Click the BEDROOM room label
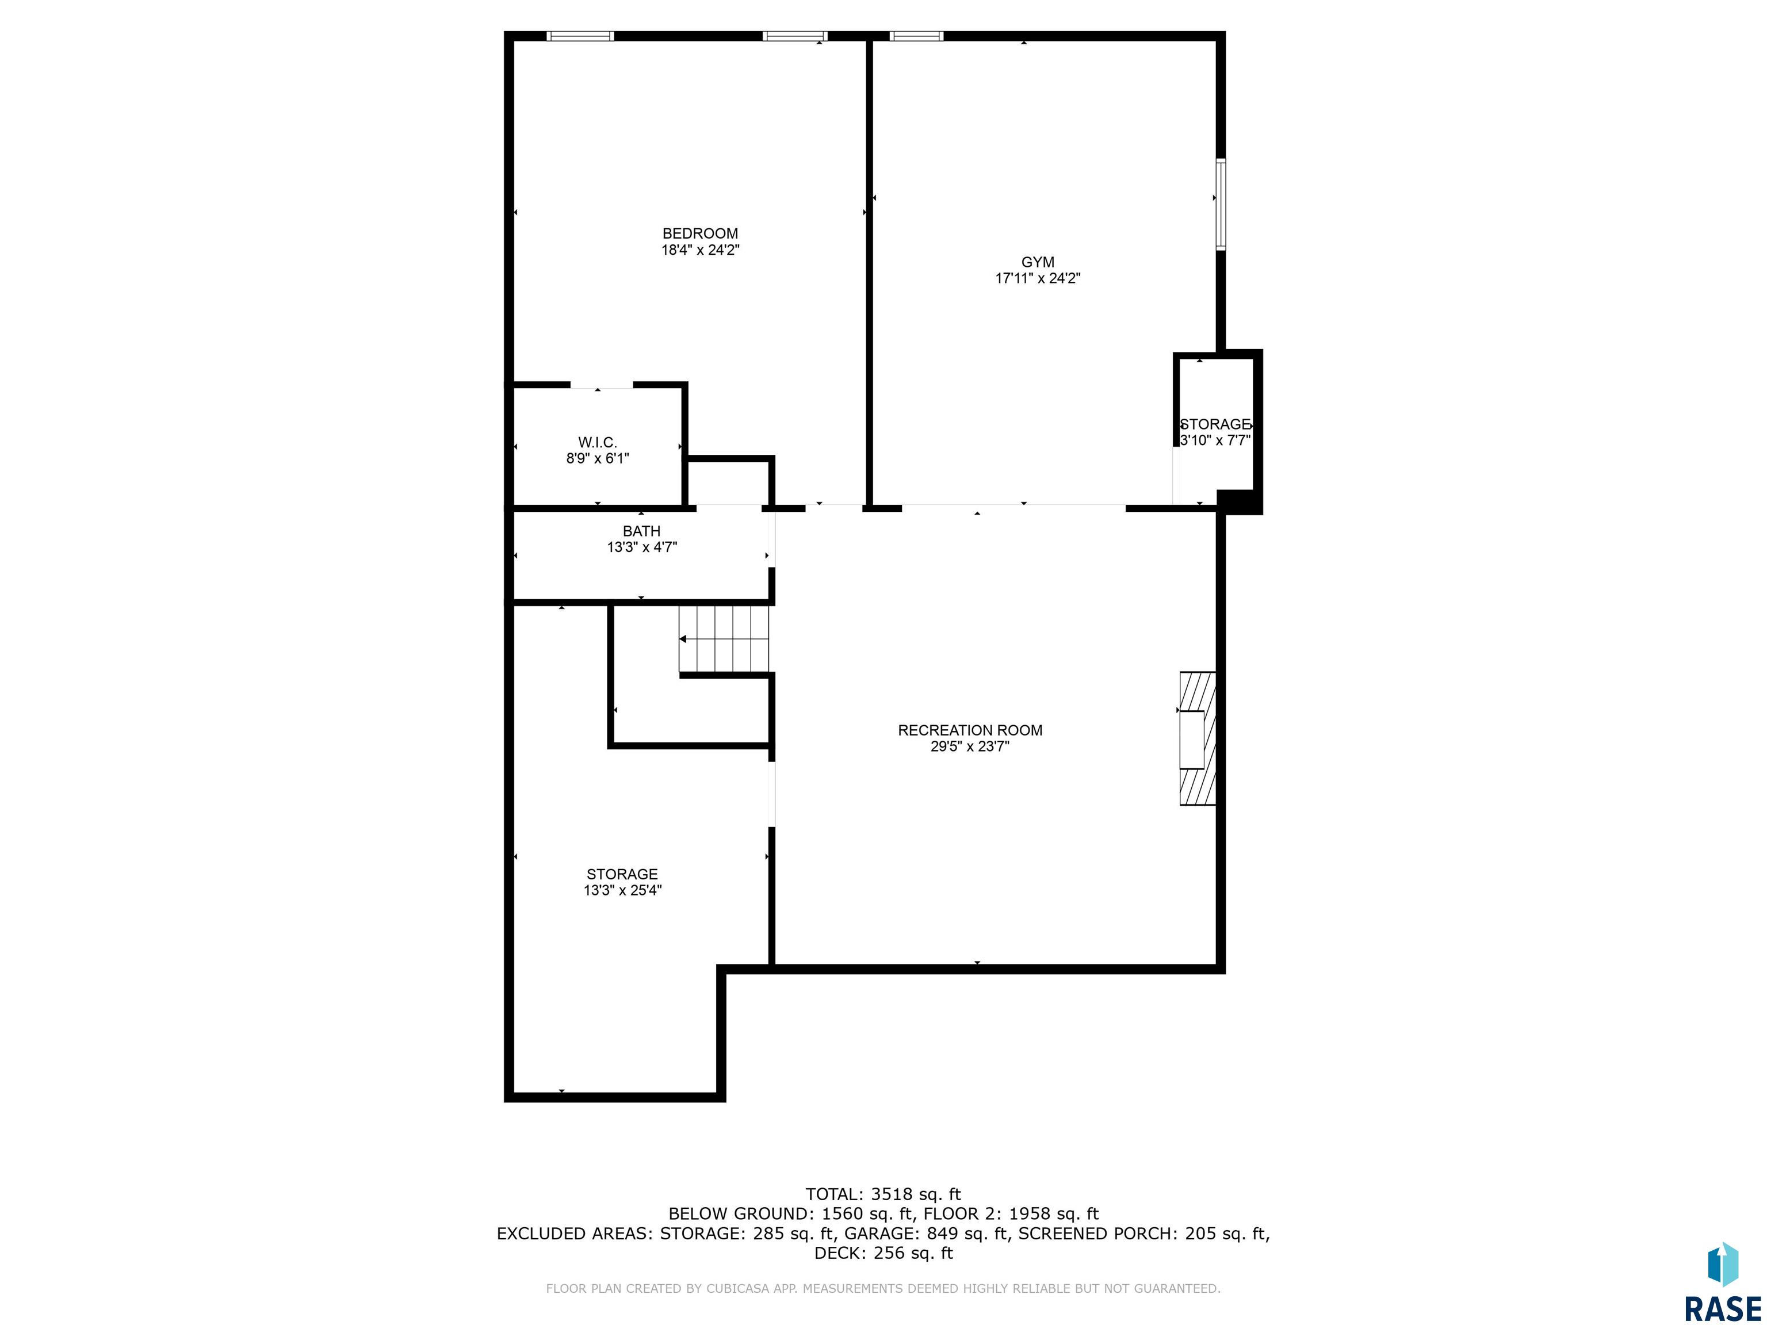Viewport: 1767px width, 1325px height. [x=700, y=233]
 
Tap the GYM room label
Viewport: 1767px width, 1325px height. [x=1038, y=262]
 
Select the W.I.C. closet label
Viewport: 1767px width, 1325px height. [x=598, y=442]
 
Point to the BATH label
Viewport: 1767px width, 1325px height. [x=641, y=531]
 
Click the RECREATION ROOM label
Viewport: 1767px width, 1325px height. [x=970, y=730]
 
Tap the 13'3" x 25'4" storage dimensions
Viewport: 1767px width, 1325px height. [x=622, y=890]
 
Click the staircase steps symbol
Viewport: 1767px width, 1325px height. [x=724, y=639]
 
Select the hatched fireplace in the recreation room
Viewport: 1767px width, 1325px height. [x=1198, y=738]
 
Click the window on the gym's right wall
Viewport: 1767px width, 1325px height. [x=1221, y=205]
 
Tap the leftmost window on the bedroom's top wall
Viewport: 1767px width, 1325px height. [x=581, y=36]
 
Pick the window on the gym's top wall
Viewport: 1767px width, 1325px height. [x=916, y=36]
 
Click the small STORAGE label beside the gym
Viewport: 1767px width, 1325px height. [x=1215, y=424]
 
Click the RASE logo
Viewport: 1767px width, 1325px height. [x=1722, y=1282]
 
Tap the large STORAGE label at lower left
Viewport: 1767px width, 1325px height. [x=622, y=874]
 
